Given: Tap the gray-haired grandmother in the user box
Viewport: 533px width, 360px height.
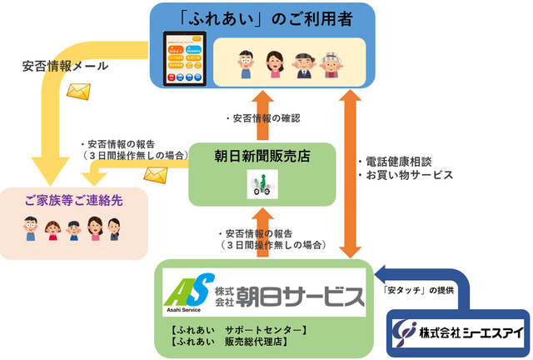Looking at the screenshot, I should [331, 62].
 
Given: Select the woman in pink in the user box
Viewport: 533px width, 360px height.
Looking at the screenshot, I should [274, 62].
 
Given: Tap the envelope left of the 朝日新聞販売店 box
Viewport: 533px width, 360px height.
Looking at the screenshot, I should [156, 173].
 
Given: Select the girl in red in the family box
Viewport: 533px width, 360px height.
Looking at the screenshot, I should [52, 228].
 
